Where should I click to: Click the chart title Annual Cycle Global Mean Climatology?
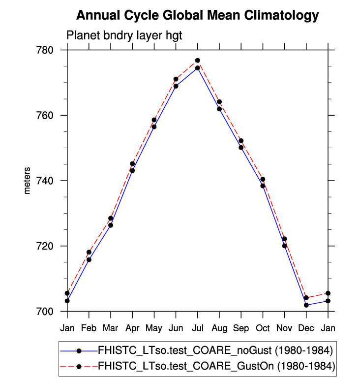(x=197, y=16)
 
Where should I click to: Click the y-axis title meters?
(x=28, y=181)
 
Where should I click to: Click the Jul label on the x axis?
(x=197, y=327)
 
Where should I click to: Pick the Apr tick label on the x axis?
(x=132, y=327)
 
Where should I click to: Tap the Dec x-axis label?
(x=306, y=327)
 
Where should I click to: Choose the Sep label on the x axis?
(x=241, y=327)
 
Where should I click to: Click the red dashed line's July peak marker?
(x=197, y=61)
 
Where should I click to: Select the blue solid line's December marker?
(x=306, y=305)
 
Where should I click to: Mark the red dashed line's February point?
(x=89, y=252)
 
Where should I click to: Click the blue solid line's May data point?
(x=154, y=127)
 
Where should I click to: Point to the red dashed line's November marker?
(x=284, y=239)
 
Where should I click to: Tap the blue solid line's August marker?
(x=219, y=109)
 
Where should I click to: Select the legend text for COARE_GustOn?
(x=216, y=366)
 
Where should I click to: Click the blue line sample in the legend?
(x=78, y=351)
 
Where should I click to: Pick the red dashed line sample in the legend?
(x=78, y=366)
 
